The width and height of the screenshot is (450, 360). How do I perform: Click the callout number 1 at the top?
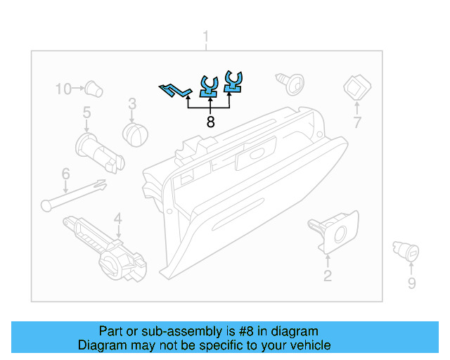(x=206, y=36)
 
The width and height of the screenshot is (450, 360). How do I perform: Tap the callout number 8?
(x=210, y=122)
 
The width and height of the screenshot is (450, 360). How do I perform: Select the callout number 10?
(x=64, y=89)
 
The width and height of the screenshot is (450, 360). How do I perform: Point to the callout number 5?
(x=86, y=112)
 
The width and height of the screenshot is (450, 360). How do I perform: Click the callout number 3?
(x=131, y=105)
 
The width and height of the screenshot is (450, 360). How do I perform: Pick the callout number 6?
(x=65, y=173)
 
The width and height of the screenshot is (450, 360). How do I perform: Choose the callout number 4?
(x=118, y=218)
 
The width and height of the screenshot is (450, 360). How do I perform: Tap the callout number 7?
(x=356, y=123)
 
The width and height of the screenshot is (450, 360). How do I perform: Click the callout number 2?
(x=328, y=276)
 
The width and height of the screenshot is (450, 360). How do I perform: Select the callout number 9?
(x=412, y=283)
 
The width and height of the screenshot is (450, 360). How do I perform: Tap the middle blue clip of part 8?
(x=209, y=86)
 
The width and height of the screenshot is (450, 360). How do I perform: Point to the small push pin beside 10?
(x=93, y=89)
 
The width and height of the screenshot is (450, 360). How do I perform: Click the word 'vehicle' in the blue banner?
(x=307, y=345)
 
